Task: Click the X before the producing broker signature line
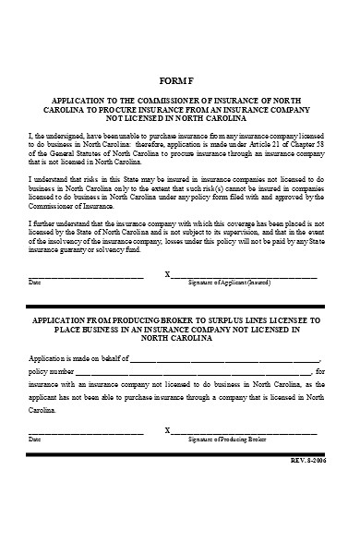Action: [x=167, y=432]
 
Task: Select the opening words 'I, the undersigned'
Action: [x=52, y=133]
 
